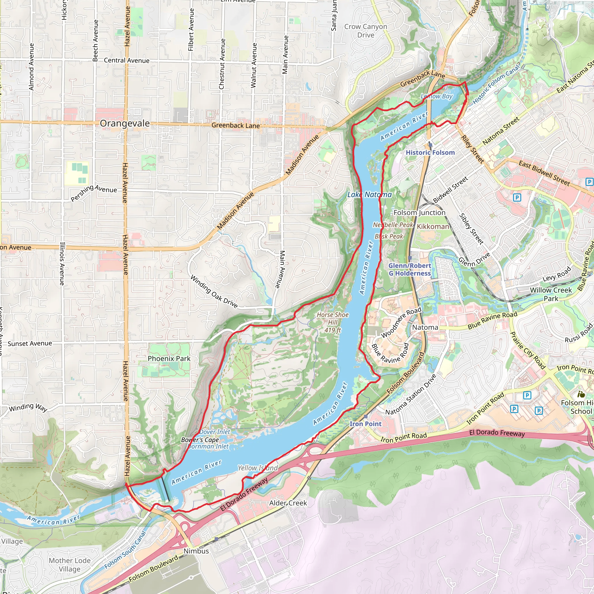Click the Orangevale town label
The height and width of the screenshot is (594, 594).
(x=124, y=124)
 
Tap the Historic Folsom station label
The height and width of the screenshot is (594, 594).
(x=430, y=153)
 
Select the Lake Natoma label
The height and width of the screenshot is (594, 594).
(x=369, y=195)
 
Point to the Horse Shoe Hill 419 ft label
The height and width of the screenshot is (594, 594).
(x=333, y=322)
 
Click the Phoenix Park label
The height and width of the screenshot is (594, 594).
(x=169, y=358)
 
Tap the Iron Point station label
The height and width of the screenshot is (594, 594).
(x=365, y=424)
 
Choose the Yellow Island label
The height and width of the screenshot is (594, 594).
(x=258, y=468)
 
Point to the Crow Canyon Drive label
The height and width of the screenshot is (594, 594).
(x=365, y=31)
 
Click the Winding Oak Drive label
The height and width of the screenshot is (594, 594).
(x=214, y=291)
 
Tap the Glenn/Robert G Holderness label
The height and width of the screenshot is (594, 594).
(x=410, y=269)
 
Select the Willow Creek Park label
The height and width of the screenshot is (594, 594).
(x=551, y=294)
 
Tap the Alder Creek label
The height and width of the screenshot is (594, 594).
(x=288, y=503)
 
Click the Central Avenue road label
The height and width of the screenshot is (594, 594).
(x=126, y=60)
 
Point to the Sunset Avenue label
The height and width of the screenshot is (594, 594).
(x=30, y=343)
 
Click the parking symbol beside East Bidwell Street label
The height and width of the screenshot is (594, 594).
(x=589, y=182)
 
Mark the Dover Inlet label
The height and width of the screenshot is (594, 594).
(x=215, y=432)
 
